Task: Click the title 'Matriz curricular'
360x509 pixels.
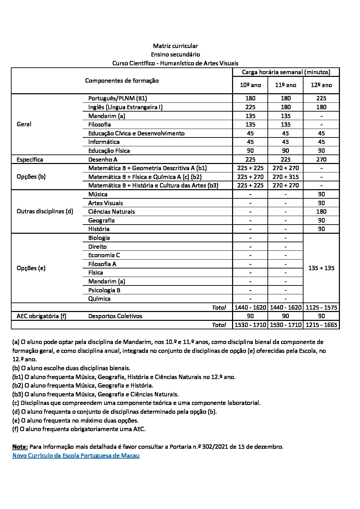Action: (175, 46)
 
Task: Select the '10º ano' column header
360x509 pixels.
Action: (250, 85)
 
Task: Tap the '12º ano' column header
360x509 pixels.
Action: (321, 85)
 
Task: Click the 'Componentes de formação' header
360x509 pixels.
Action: (122, 81)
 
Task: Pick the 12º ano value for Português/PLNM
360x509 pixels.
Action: (321, 98)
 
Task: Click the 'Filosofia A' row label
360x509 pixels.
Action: (102, 264)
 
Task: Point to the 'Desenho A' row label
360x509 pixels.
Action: (103, 159)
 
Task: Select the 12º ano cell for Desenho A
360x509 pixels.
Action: (321, 159)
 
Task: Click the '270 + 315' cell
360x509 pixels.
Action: (285, 177)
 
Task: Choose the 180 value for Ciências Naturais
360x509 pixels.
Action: (321, 212)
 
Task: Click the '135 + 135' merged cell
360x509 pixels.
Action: (321, 268)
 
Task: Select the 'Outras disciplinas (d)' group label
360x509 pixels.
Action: (45, 211)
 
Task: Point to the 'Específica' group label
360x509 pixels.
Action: (30, 159)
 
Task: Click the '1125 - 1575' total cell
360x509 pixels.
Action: (321, 308)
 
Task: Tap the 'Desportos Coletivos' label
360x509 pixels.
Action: (115, 316)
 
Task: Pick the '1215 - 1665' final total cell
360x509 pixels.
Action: (321, 325)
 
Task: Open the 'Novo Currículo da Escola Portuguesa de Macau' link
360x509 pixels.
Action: (76, 456)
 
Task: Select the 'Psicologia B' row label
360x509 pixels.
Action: (104, 290)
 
